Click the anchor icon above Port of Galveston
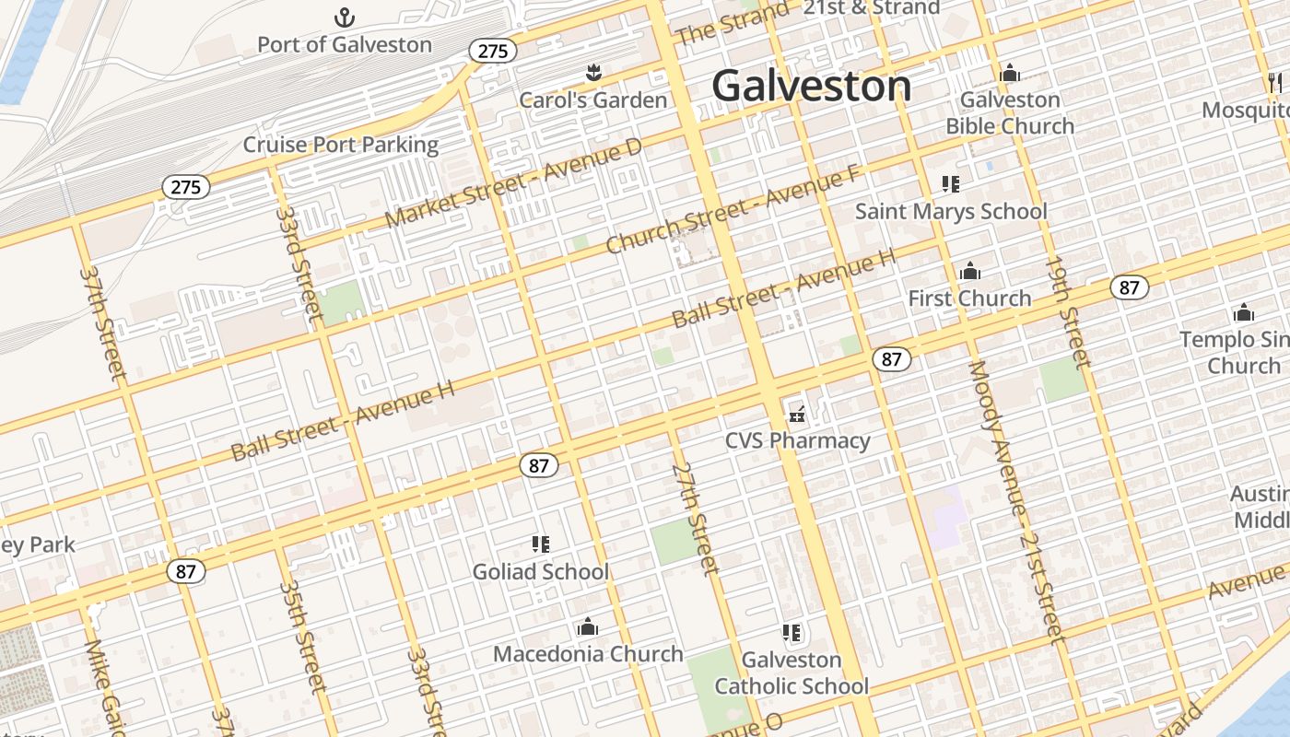344,18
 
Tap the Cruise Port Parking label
341,145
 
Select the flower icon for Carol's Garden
593,72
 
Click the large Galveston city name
812,86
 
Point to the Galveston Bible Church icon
1010,73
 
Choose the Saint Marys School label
951,211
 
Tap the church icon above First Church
969,271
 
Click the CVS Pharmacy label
797,440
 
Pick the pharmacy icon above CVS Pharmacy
797,415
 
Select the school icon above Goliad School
541,544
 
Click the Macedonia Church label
588,654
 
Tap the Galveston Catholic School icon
792,633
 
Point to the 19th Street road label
1067,312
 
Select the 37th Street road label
102,322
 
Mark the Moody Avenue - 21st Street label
1016,502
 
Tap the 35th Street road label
302,636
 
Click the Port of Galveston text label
344,44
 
